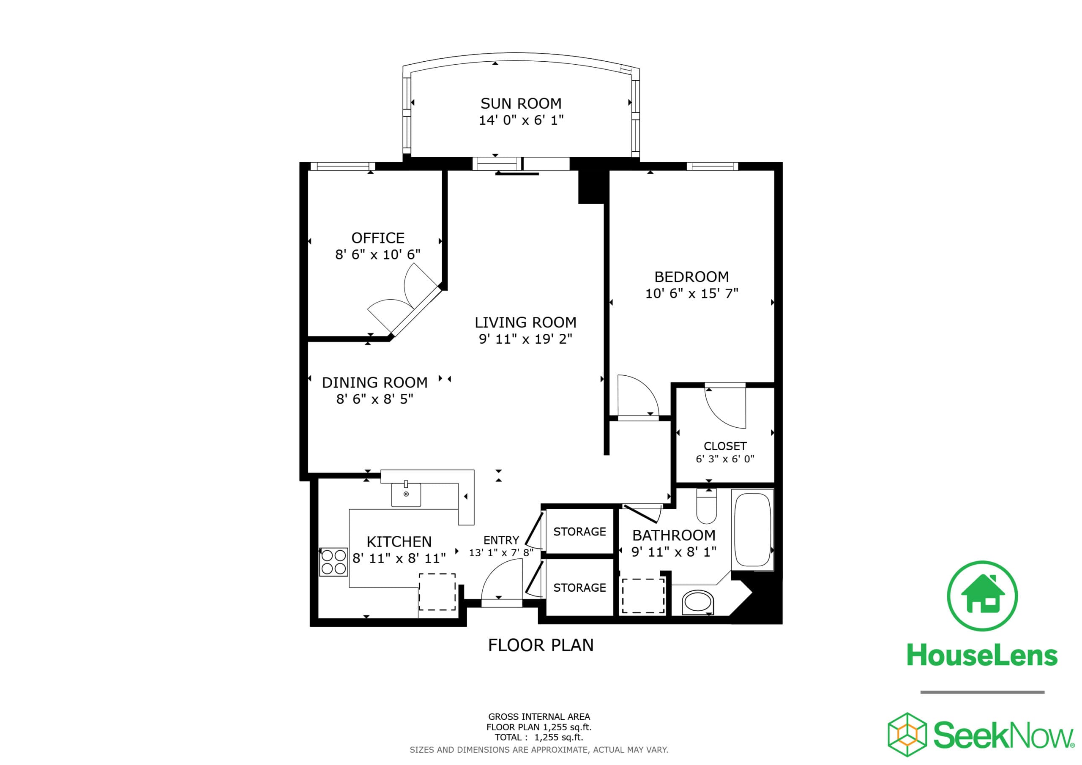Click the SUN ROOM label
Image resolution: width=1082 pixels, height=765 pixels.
click(x=521, y=103)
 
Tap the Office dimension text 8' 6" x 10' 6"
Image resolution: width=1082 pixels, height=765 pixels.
click(x=377, y=254)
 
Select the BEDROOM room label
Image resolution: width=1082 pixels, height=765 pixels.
click(x=691, y=277)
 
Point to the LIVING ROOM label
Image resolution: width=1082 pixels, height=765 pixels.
click(x=525, y=322)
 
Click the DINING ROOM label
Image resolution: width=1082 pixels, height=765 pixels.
click(x=374, y=382)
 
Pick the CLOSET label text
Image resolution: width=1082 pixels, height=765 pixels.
click(x=725, y=446)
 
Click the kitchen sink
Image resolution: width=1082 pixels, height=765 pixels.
click(x=406, y=495)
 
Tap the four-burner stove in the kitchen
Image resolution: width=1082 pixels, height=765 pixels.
click(x=333, y=562)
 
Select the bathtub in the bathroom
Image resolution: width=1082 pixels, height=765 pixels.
click(x=752, y=529)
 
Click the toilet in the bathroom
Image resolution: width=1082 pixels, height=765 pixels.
click(x=706, y=507)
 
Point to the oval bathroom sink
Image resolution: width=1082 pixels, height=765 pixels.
click(x=698, y=602)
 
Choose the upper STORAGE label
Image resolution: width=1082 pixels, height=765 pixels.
click(x=579, y=532)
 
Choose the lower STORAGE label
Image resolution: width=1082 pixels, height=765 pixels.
click(x=579, y=588)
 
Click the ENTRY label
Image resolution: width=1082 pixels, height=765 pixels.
click(x=501, y=540)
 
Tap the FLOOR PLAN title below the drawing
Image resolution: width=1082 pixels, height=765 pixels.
click(x=541, y=645)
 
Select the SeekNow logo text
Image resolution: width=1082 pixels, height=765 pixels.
click(x=1003, y=735)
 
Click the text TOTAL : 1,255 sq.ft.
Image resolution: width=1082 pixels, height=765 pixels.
click(x=538, y=738)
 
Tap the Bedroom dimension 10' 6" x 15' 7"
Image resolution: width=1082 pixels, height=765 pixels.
click(x=691, y=294)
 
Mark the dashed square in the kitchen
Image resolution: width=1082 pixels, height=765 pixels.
click(x=437, y=592)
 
